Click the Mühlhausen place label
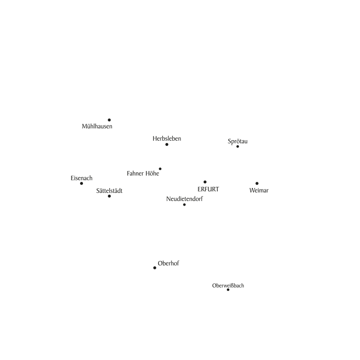tap(97, 126)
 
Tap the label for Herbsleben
tap(167, 138)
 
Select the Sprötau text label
tap(238, 141)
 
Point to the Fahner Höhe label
tap(143, 173)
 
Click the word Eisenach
tap(81, 178)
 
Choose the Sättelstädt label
tap(109, 190)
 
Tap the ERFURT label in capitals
tap(208, 189)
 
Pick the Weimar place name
tap(259, 190)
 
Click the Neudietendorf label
tap(185, 199)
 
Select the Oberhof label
tap(169, 263)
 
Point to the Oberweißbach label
tap(228, 286)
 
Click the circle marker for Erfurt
tap(205, 182)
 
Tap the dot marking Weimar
tap(257, 183)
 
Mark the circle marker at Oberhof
tap(155, 268)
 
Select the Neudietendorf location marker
tap(184, 205)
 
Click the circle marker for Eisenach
tap(81, 183)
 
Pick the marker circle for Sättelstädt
tap(109, 196)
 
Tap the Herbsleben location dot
tap(167, 144)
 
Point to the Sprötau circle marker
tap(238, 146)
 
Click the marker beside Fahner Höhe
tap(160, 169)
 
